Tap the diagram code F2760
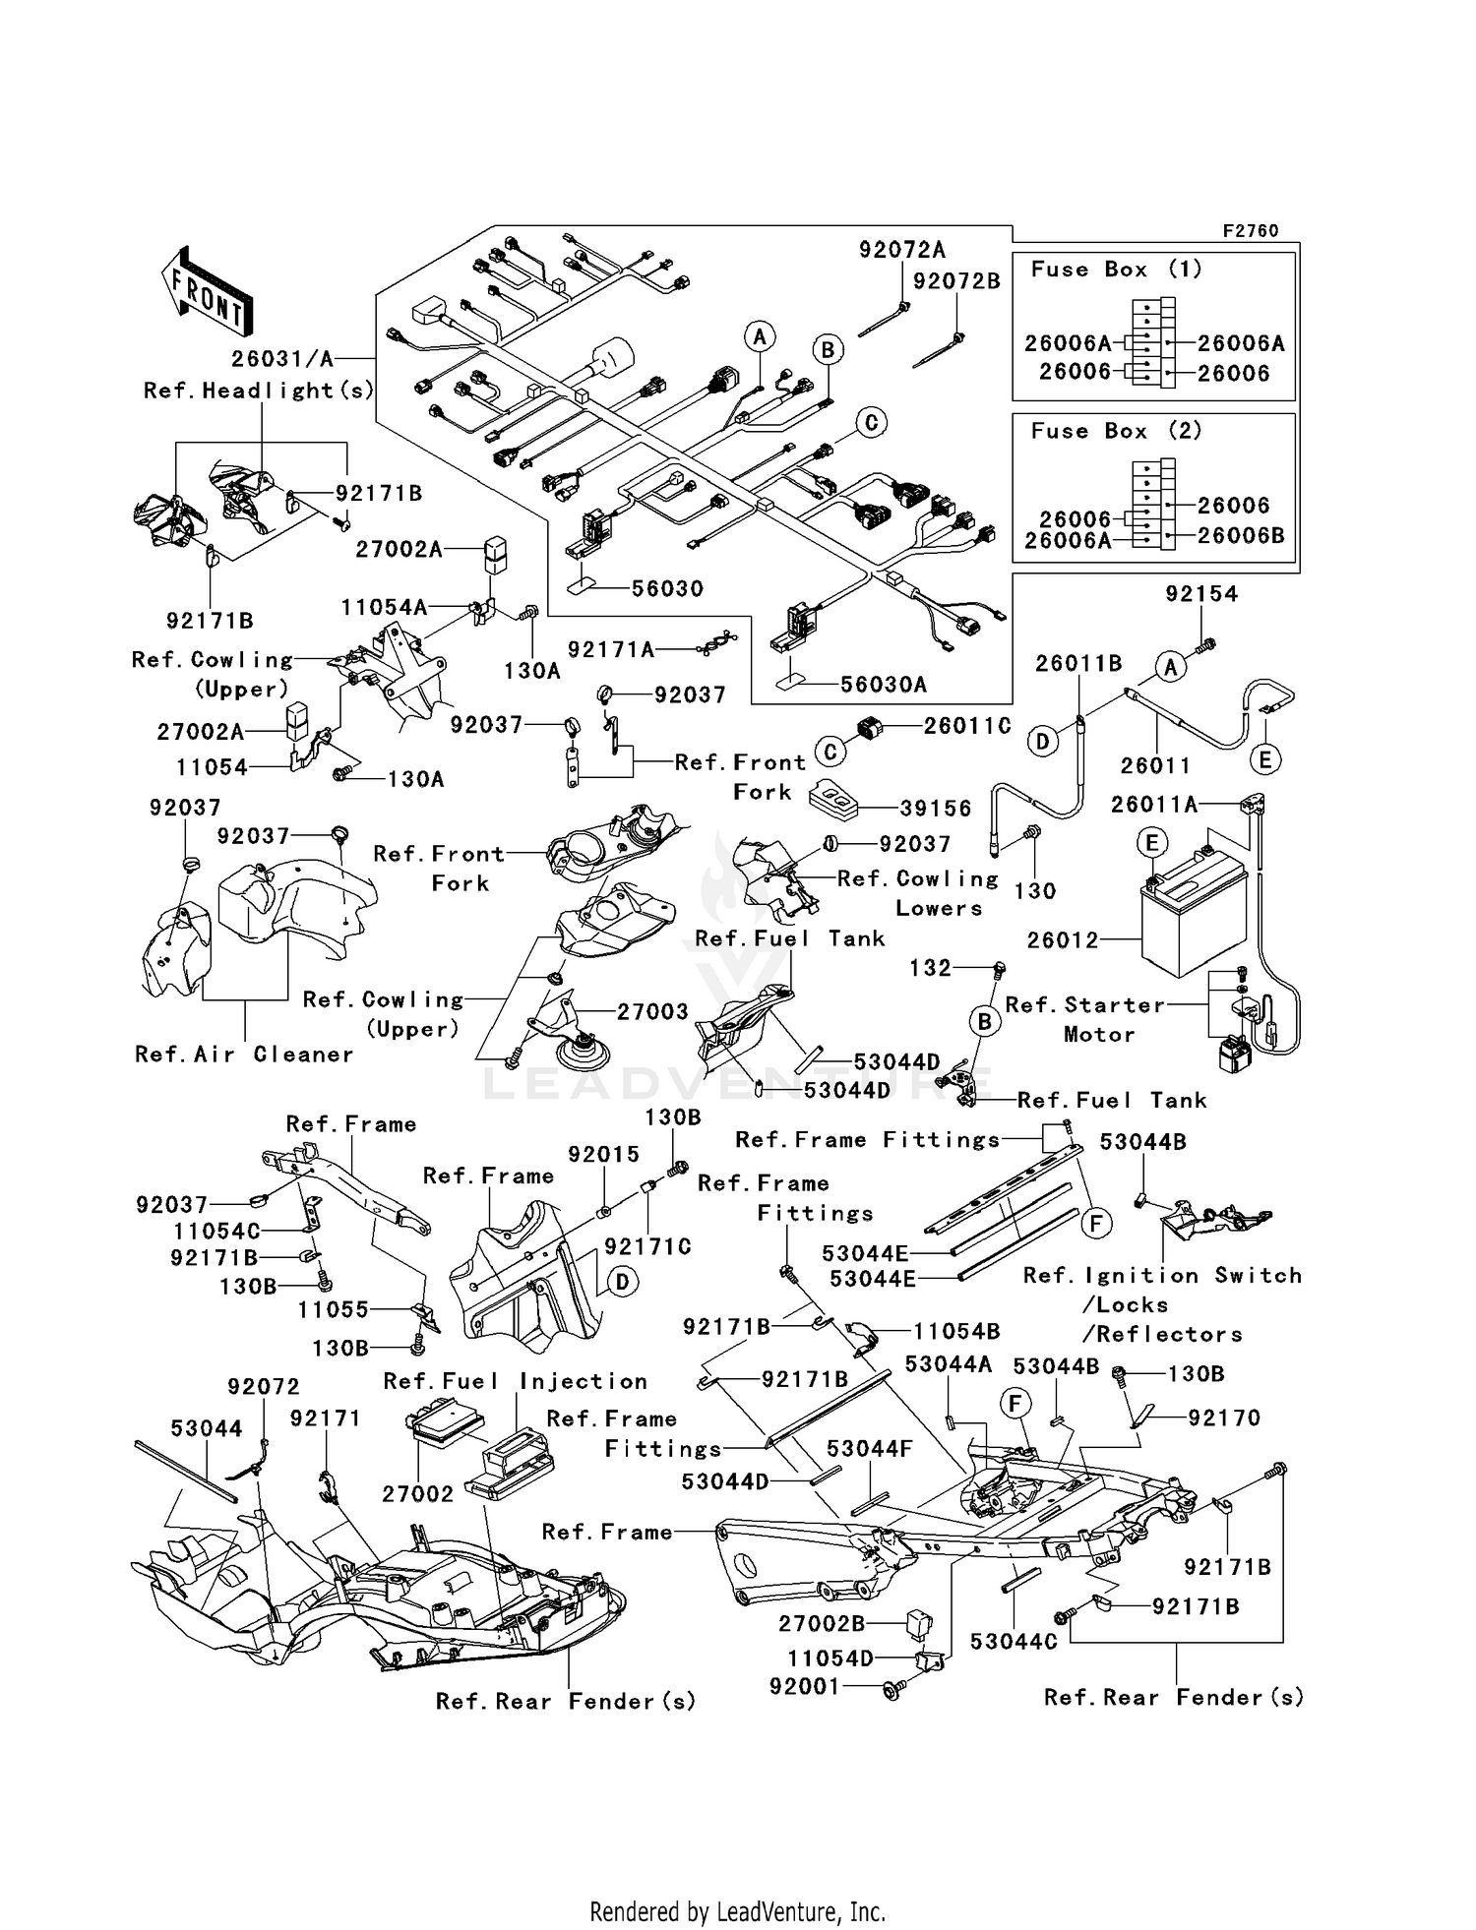click(1250, 231)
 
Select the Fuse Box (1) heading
click(1116, 270)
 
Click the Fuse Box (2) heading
click(1116, 431)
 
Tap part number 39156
click(936, 809)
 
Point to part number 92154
click(1201, 594)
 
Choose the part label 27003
click(652, 1011)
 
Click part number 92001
click(804, 1686)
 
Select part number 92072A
click(901, 250)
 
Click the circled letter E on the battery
click(1150, 843)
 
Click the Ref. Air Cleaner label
click(244, 1055)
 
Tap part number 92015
click(603, 1154)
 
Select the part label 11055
click(334, 1309)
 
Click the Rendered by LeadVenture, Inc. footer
click(737, 1911)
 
